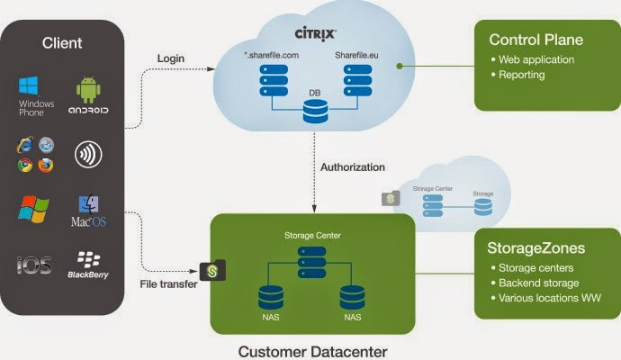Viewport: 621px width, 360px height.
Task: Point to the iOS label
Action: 34,265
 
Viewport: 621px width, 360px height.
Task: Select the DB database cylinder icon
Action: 314,112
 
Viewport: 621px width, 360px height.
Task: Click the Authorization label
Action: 352,167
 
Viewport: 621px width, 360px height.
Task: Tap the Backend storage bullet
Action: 538,283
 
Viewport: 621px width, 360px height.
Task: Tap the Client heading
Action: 62,42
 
